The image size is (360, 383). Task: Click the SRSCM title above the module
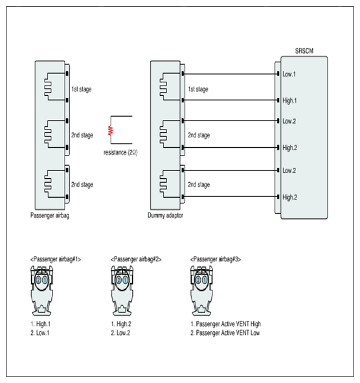304,51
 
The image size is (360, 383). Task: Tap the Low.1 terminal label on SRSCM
289,74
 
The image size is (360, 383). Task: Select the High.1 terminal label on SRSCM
289,100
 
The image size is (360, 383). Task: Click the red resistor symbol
111,130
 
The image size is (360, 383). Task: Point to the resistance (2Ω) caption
120,152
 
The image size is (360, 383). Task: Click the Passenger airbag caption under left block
50,215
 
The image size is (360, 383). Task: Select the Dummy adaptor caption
165,215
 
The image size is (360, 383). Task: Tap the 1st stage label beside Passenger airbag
82,89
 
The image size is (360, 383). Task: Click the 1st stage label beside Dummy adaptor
198,89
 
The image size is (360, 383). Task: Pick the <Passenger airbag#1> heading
56,259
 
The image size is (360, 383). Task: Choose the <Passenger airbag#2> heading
136,259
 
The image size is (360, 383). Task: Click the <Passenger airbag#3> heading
216,259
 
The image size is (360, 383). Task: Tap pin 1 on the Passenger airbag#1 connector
45,280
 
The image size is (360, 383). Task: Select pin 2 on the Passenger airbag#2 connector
119,280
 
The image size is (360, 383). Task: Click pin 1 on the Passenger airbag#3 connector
205,280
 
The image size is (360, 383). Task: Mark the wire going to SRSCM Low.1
231,74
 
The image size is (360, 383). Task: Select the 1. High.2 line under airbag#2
121,324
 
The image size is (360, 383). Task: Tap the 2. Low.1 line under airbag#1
39,332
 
